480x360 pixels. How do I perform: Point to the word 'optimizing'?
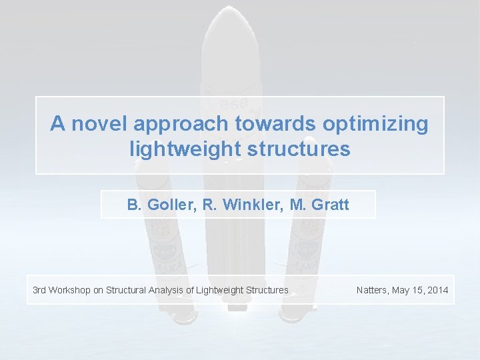click(x=376, y=125)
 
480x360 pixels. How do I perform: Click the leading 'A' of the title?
click(x=58, y=124)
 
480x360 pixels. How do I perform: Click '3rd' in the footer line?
click(x=40, y=290)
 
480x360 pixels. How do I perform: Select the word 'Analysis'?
click(x=167, y=290)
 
